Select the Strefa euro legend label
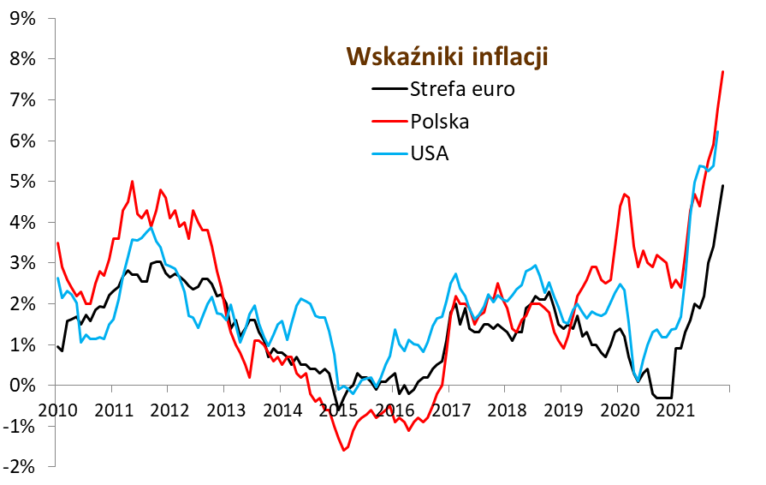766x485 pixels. click(462, 89)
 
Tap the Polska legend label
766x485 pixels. click(440, 121)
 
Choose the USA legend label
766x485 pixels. click(430, 153)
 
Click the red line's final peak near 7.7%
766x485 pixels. click(723, 71)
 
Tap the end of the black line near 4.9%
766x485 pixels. click(723, 185)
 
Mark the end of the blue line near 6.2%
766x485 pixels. click(717, 132)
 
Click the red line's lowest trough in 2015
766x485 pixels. click(344, 450)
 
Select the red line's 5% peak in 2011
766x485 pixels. click(133, 181)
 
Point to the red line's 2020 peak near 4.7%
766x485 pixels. click(625, 194)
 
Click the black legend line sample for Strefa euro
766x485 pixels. click(388, 89)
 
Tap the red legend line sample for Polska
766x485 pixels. click(388, 121)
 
